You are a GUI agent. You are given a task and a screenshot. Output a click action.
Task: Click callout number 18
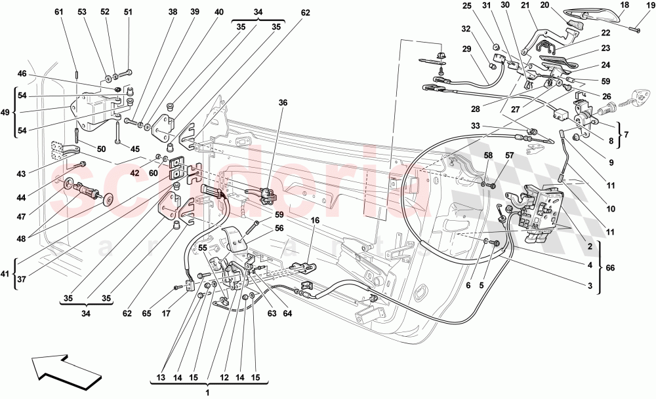click(623, 5)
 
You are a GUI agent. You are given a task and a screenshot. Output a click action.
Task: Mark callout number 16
click(316, 222)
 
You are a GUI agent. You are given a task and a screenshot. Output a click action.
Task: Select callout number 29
click(466, 49)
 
